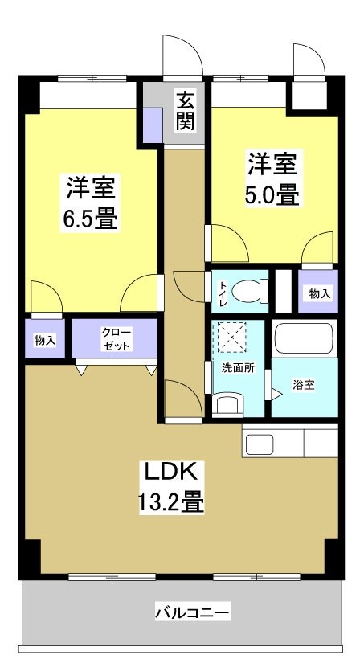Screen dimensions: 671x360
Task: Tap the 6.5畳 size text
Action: point(91,218)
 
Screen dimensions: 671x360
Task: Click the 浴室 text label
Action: point(303,385)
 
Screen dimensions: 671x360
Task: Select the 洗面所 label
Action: point(238,368)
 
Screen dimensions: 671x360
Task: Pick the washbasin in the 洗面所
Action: point(229,404)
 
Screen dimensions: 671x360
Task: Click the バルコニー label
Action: point(192,613)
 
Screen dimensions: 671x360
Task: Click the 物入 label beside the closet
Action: point(45,341)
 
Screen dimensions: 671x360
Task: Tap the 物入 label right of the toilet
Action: point(319,294)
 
